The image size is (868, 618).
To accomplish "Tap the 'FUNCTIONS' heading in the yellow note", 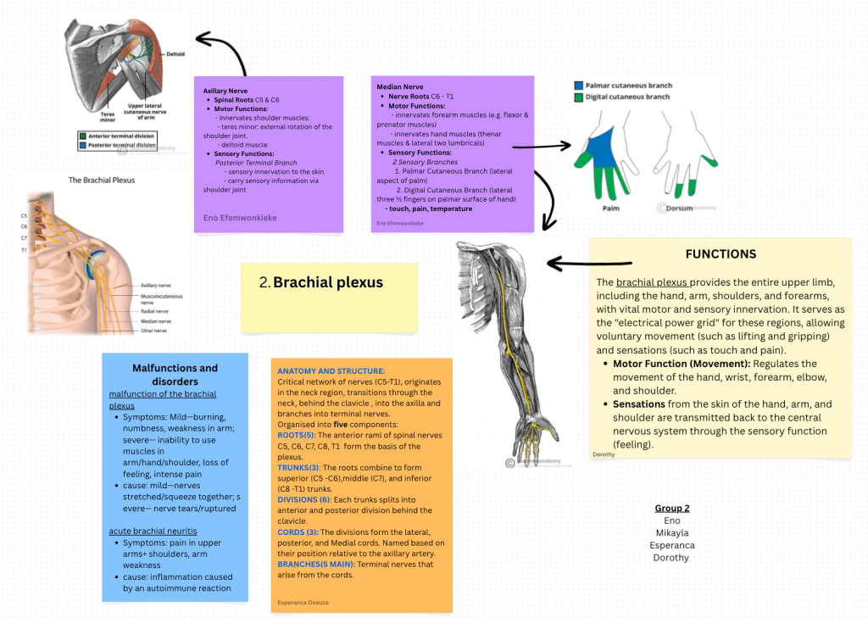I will pyautogui.click(x=721, y=253).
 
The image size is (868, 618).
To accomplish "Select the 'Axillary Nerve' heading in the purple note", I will pyautogui.click(x=225, y=91).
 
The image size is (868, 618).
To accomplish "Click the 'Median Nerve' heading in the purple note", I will pyautogui.click(x=399, y=86).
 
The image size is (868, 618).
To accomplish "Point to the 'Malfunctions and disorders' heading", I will pyautogui.click(x=175, y=375).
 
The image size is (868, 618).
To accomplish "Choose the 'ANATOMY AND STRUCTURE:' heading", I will pyautogui.click(x=331, y=371).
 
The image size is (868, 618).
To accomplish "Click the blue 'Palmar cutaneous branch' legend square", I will pyautogui.click(x=578, y=86).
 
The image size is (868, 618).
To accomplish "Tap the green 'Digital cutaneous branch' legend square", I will pyautogui.click(x=578, y=97).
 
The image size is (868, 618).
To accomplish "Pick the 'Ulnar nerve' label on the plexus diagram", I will pyautogui.click(x=155, y=331).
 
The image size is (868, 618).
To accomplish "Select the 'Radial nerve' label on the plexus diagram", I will pyautogui.click(x=156, y=311).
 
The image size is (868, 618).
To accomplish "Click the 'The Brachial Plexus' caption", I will pyautogui.click(x=102, y=180).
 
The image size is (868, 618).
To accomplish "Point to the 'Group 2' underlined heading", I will pyautogui.click(x=671, y=508).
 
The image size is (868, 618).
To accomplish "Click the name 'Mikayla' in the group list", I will pyautogui.click(x=671, y=532).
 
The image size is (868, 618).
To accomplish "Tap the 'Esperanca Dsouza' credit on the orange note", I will pyautogui.click(x=303, y=603).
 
